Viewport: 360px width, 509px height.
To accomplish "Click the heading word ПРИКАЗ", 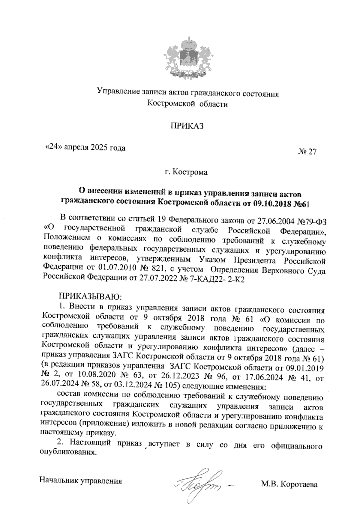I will (x=187, y=126).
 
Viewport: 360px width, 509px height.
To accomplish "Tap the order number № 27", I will (x=307, y=152).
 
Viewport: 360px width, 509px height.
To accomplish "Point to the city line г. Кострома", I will (x=186, y=172).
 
